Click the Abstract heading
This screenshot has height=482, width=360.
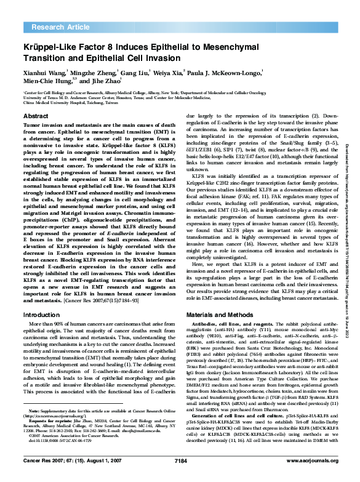(x=35, y=116)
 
